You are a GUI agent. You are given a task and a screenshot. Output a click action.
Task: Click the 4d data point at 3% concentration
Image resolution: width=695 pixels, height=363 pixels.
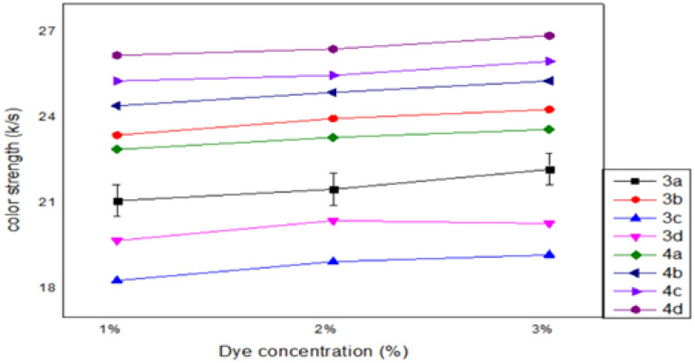pyautogui.click(x=549, y=36)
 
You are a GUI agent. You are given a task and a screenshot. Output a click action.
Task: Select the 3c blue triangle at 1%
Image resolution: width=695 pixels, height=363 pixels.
pyautogui.click(x=117, y=281)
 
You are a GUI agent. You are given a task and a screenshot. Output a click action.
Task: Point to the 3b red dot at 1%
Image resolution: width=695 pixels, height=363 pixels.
pyautogui.click(x=117, y=135)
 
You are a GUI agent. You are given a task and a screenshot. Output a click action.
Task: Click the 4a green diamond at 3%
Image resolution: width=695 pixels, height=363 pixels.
pyautogui.click(x=549, y=129)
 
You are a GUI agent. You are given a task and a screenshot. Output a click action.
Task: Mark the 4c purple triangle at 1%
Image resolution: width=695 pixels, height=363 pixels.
pyautogui.click(x=117, y=81)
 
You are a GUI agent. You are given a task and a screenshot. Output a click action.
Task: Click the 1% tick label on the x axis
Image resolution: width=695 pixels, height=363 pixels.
pyautogui.click(x=110, y=330)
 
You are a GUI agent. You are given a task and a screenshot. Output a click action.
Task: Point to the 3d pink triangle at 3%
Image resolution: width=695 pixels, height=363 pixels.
pyautogui.click(x=549, y=224)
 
